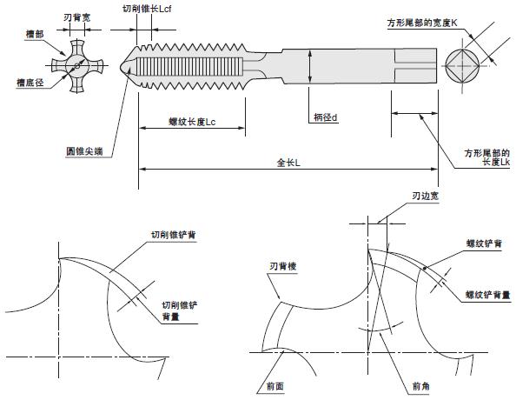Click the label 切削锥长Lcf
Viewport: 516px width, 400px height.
[147, 9]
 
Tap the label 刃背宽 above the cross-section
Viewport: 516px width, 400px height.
[76, 17]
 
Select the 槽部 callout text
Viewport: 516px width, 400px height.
[35, 34]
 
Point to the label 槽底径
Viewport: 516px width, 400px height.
[30, 83]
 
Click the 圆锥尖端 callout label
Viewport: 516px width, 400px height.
[84, 151]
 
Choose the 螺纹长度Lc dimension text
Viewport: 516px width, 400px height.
[192, 122]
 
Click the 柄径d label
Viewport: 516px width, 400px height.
[325, 117]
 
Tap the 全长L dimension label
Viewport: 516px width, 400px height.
[288, 163]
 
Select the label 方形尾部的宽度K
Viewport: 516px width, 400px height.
[422, 23]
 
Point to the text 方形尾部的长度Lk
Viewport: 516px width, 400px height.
[487, 157]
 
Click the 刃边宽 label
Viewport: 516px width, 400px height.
[425, 196]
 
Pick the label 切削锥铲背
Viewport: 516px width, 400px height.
[174, 235]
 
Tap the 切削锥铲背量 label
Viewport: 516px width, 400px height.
[179, 310]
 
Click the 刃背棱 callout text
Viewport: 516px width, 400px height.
[282, 266]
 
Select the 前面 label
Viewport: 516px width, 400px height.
[275, 386]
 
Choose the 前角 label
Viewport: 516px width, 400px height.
[421, 386]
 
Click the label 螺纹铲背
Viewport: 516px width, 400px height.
[484, 243]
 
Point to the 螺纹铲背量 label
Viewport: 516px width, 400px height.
[487, 295]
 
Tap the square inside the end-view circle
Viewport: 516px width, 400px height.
[462, 66]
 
